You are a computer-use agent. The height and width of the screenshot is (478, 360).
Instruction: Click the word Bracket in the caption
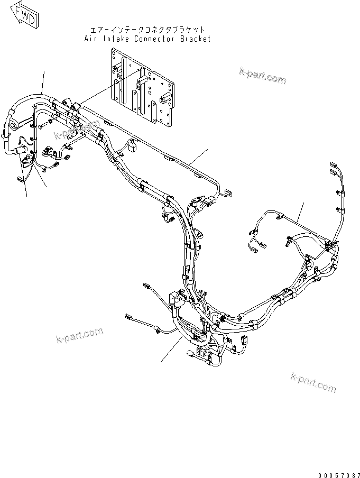point(196,39)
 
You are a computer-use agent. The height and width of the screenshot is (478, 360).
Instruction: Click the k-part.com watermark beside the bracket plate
point(262,76)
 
